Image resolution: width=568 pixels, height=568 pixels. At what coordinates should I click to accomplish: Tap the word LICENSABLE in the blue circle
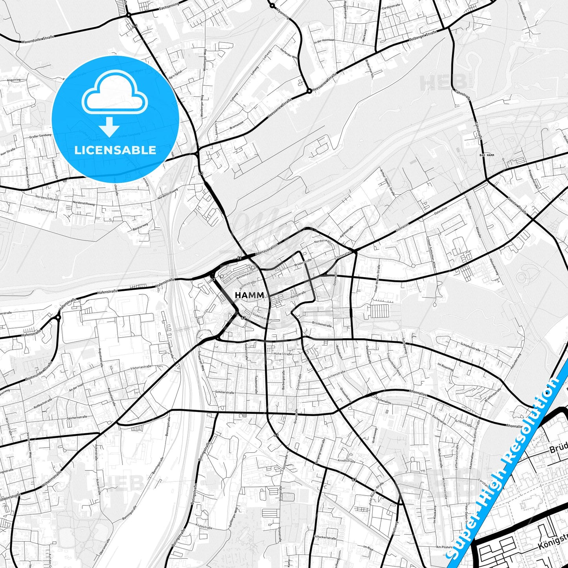click(x=115, y=150)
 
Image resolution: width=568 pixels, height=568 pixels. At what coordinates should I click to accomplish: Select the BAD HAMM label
click(x=487, y=155)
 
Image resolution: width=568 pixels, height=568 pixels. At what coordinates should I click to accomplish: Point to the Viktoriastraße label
click(x=140, y=368)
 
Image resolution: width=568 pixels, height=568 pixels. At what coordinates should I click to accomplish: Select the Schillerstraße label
click(x=224, y=392)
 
